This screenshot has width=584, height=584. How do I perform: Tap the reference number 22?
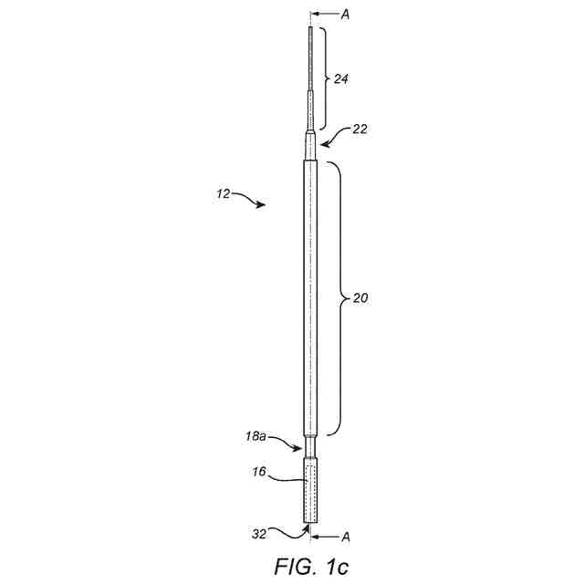360,130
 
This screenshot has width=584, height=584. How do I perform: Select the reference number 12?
224,194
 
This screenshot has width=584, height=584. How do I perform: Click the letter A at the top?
344,15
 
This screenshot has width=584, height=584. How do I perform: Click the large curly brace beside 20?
337,297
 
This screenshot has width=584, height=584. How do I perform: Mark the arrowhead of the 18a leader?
301,448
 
